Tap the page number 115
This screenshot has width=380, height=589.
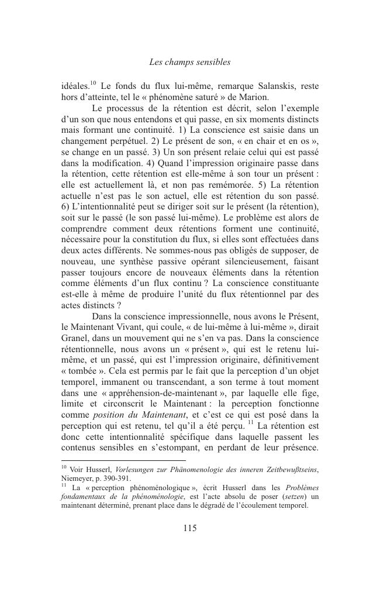coord(189,528)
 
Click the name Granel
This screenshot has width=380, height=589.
coord(75,338)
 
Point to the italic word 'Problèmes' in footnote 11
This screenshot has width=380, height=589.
coord(302,488)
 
